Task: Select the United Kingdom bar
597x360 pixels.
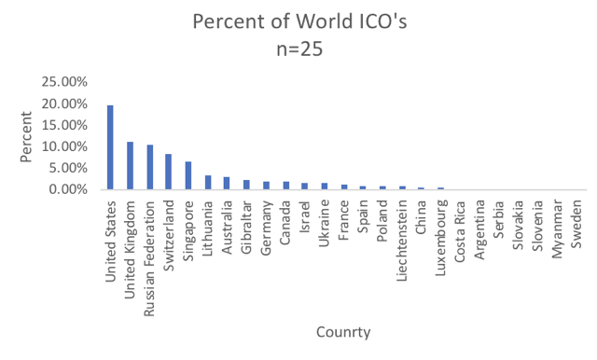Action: pyautogui.click(x=131, y=166)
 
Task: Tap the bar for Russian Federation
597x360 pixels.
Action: pyautogui.click(x=150, y=167)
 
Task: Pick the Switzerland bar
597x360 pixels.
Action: pyautogui.click(x=169, y=172)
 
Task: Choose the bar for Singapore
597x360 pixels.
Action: pyautogui.click(x=188, y=175)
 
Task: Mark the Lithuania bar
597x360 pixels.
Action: pyautogui.click(x=208, y=182)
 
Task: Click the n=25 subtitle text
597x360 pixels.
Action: pyautogui.click(x=298, y=50)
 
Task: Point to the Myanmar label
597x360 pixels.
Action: pyautogui.click(x=557, y=225)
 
